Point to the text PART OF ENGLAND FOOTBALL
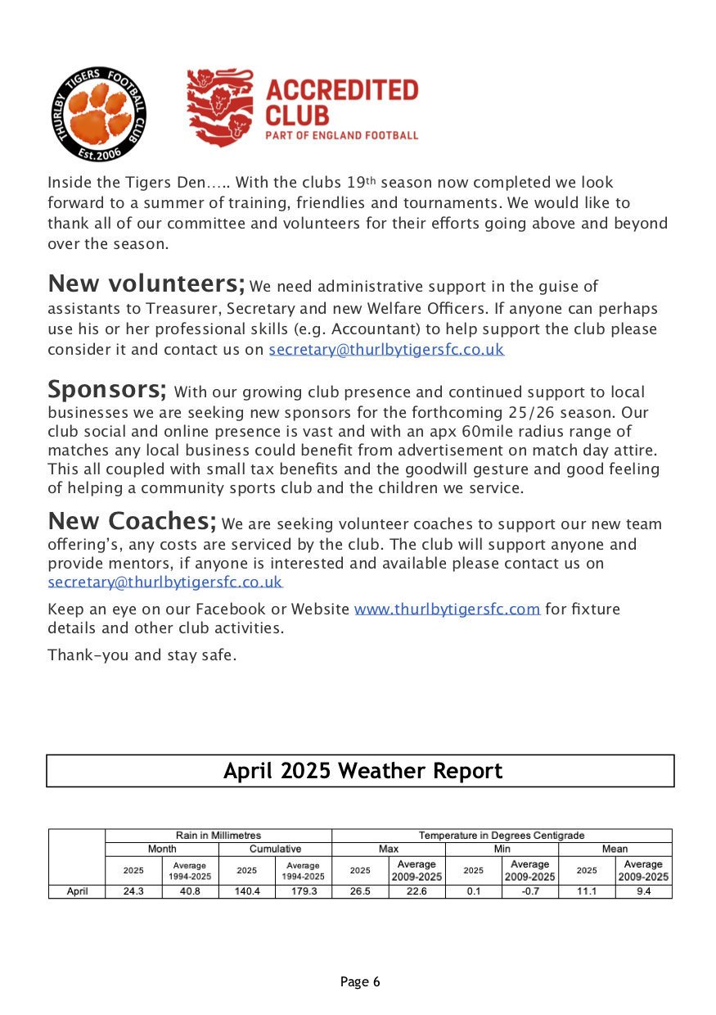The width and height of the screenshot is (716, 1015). pyautogui.click(x=341, y=135)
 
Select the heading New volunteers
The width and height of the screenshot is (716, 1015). pyautogui.click(x=146, y=283)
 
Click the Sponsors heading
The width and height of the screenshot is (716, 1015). pyautogui.click(x=106, y=387)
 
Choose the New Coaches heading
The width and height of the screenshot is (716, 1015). pyautogui.click(x=132, y=520)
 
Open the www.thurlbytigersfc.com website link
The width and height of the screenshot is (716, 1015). pyautogui.click(x=447, y=609)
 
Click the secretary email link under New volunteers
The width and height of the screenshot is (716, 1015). pyautogui.click(x=386, y=350)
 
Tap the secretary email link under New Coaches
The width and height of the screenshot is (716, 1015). pyautogui.click(x=165, y=582)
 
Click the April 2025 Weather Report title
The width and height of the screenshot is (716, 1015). pyautogui.click(x=363, y=771)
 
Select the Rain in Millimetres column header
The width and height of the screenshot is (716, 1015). pyautogui.click(x=218, y=836)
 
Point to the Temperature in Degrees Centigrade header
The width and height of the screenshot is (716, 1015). pyautogui.click(x=502, y=836)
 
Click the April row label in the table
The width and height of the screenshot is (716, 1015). pyautogui.click(x=77, y=891)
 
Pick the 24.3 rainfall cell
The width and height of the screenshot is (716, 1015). pyautogui.click(x=133, y=891)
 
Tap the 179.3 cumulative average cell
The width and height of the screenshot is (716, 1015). pyautogui.click(x=304, y=891)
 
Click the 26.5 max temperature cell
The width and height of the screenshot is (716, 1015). pyautogui.click(x=360, y=891)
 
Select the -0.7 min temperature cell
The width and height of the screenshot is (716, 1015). pyautogui.click(x=530, y=891)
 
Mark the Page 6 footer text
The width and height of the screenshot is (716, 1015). pyautogui.click(x=360, y=981)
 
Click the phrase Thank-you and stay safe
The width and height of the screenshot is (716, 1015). pyautogui.click(x=142, y=655)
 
